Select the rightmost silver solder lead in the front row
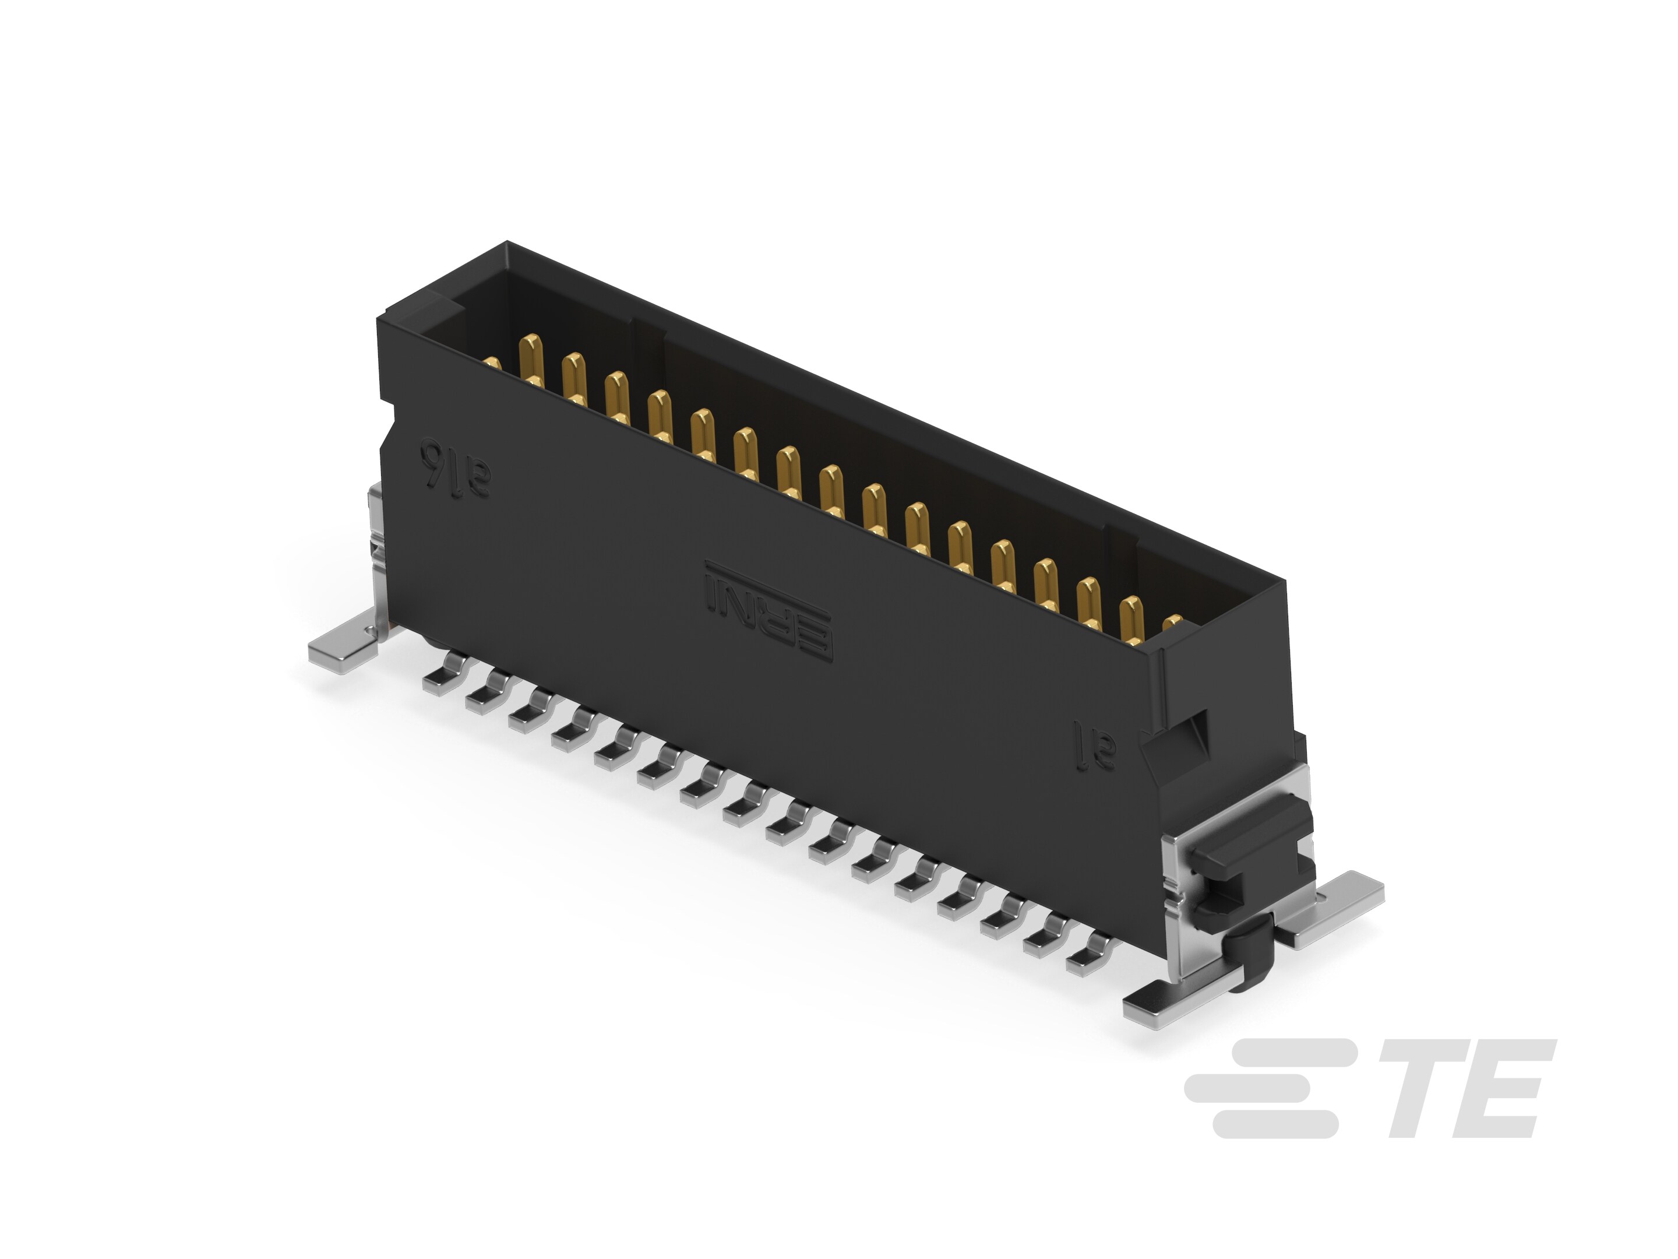(1090, 960)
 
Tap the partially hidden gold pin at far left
(493, 364)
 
